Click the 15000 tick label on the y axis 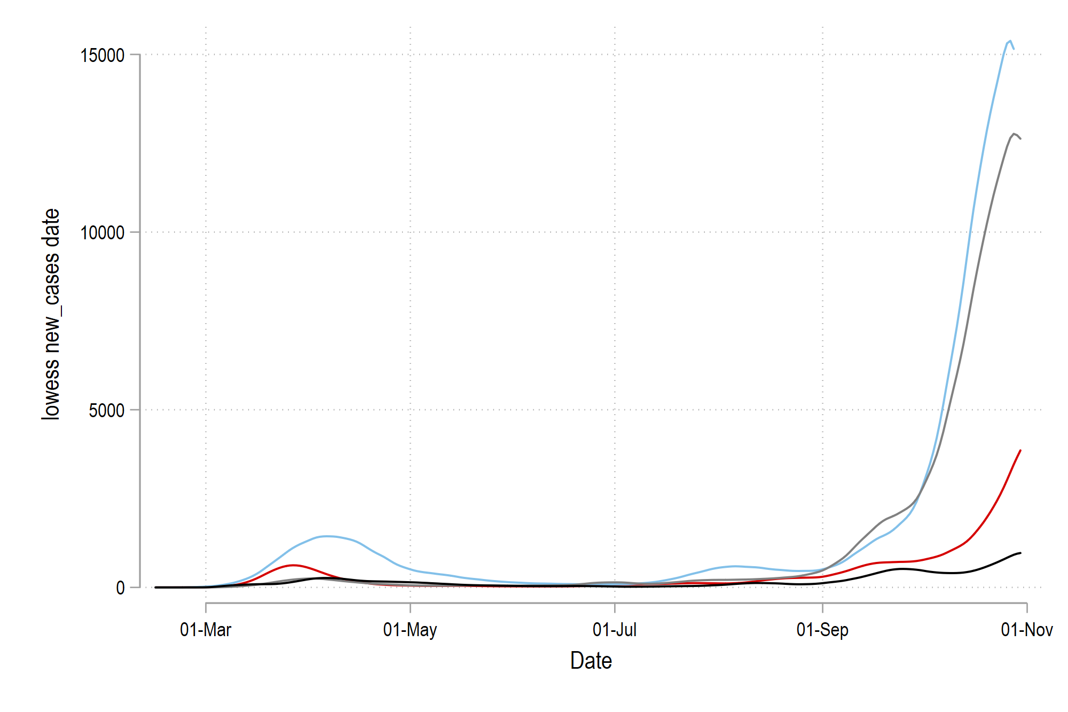[x=102, y=55]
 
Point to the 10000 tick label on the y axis [x=102, y=233]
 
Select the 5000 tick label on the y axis [x=107, y=411]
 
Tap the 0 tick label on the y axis [x=120, y=588]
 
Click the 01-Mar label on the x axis [x=206, y=630]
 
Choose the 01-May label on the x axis [x=410, y=630]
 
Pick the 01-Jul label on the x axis [x=615, y=630]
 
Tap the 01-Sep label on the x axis [x=822, y=630]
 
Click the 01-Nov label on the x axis [x=1026, y=630]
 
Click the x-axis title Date [x=591, y=661]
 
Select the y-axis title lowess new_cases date [x=51, y=314]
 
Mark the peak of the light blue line [x=1010, y=41]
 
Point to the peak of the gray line [x=1014, y=134]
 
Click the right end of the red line [x=1020, y=450]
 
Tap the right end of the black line [x=1020, y=553]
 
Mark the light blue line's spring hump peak [x=327, y=536]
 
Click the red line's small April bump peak [x=293, y=565]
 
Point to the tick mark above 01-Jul [x=615, y=607]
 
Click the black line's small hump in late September [x=902, y=569]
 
